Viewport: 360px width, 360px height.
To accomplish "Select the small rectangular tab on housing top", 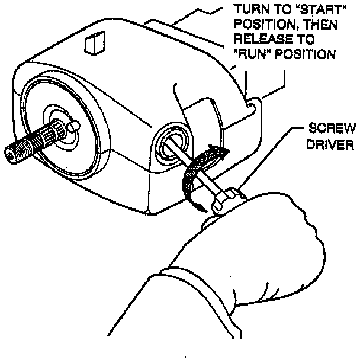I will coord(94,43).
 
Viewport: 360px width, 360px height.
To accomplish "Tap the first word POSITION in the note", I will coord(261,25).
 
